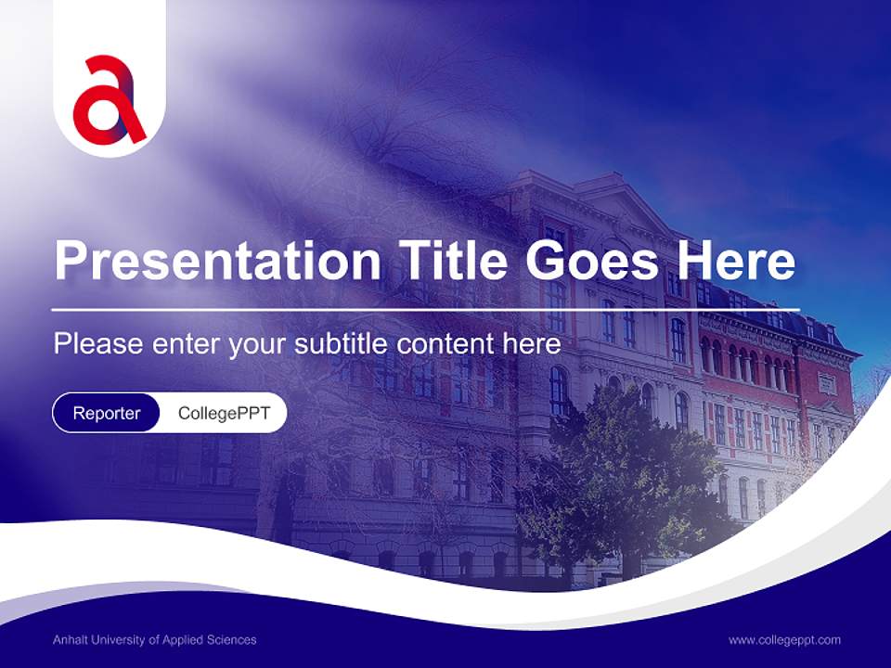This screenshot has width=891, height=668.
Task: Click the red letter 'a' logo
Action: coord(110,99)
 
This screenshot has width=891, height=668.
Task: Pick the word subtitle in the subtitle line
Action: coord(342,344)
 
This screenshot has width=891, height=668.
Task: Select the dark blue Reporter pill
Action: coord(107,413)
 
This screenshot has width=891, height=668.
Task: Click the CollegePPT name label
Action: coord(224,413)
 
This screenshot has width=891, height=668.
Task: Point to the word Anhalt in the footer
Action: coord(70,640)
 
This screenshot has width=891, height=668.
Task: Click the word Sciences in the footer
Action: coord(233,640)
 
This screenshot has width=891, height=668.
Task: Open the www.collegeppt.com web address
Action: coord(784,640)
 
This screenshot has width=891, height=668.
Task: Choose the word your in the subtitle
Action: coord(259,344)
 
